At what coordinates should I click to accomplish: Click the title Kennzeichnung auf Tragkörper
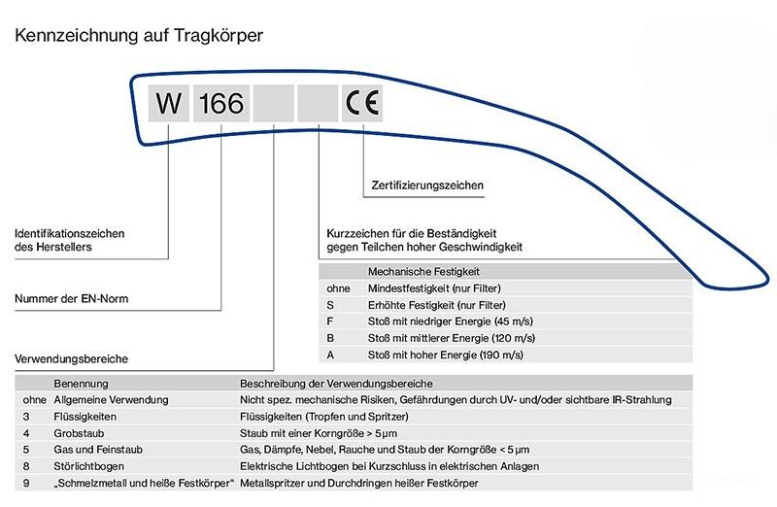click(139, 36)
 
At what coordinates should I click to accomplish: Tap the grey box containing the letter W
click(168, 103)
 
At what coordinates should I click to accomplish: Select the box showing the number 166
click(221, 103)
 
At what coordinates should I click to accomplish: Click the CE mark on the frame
click(361, 103)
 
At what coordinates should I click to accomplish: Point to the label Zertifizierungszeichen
click(427, 186)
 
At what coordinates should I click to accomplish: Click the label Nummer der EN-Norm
click(71, 299)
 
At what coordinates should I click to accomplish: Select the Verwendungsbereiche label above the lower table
click(71, 358)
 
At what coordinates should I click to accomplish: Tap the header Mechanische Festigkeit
click(423, 272)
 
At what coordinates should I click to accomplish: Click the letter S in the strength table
click(330, 305)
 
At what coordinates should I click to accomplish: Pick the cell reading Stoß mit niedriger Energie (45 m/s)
click(450, 321)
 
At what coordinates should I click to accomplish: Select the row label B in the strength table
click(330, 338)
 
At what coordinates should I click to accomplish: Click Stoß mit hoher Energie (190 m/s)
click(446, 355)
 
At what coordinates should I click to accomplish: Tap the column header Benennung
click(81, 384)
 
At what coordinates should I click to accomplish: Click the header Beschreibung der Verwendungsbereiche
click(336, 384)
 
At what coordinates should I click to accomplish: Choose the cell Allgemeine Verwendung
click(111, 400)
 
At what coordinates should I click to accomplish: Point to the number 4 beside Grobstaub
click(26, 433)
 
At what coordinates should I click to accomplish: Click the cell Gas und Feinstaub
click(98, 450)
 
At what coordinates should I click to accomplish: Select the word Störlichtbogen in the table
click(88, 466)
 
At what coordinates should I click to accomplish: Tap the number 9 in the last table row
click(26, 484)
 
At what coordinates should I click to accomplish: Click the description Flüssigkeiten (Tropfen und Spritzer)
click(324, 417)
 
